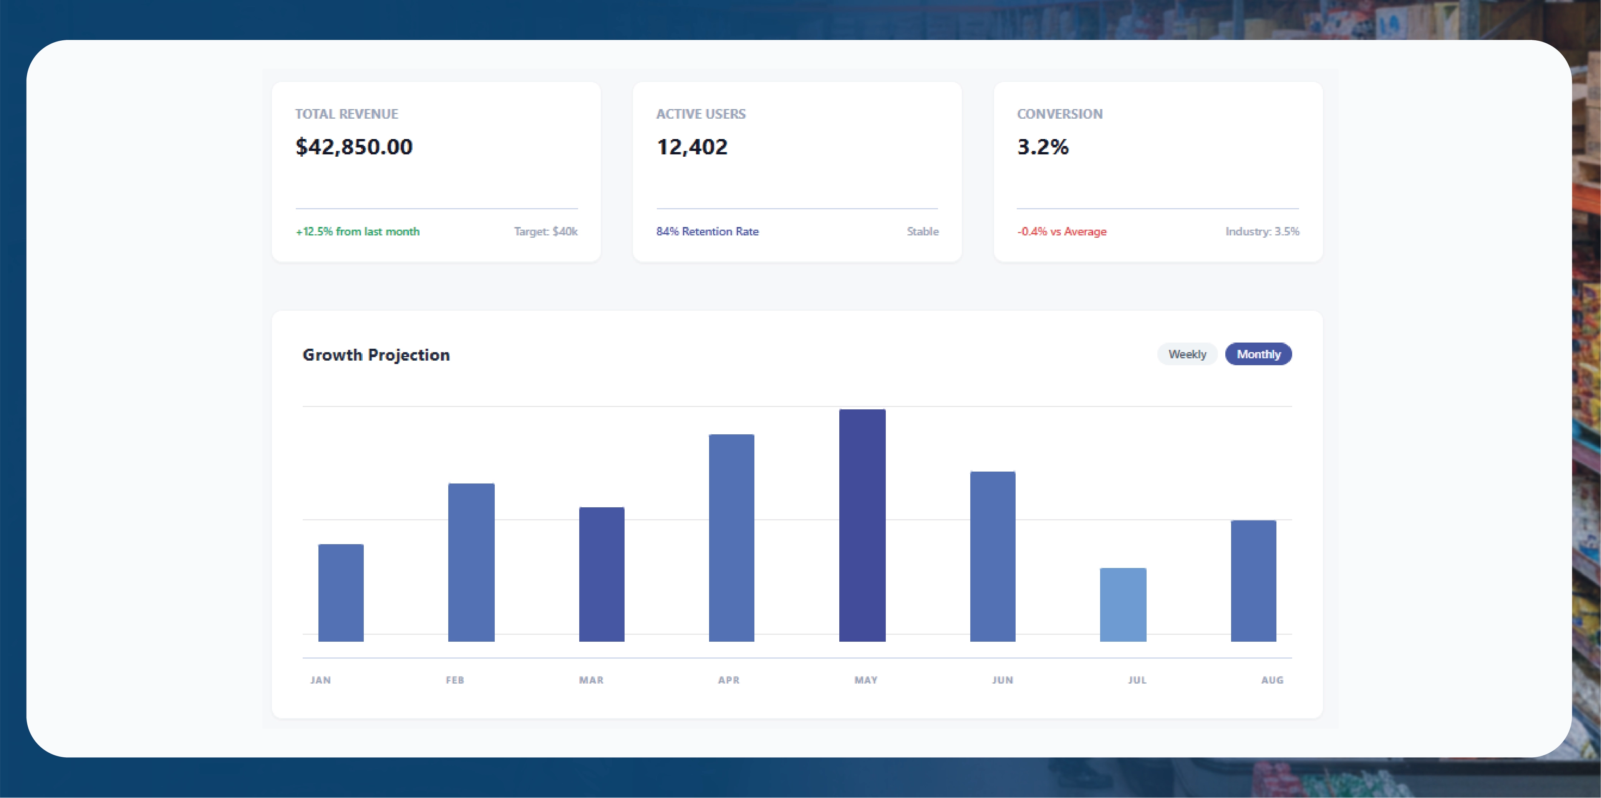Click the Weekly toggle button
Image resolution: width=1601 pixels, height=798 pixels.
pos(1187,354)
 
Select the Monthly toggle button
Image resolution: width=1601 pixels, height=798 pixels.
pos(1258,354)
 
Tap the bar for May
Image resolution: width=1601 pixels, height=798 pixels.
pos(862,525)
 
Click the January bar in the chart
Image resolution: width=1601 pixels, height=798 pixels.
pos(341,592)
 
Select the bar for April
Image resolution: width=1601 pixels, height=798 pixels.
pos(731,538)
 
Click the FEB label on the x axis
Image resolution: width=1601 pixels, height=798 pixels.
pos(455,680)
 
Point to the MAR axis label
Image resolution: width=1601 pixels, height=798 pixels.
pos(591,680)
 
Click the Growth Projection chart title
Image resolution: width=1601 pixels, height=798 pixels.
pos(376,355)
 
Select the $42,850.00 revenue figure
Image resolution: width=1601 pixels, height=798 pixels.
pos(354,147)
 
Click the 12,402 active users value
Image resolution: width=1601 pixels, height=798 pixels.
pos(692,147)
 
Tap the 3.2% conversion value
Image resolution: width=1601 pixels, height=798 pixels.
pos(1042,147)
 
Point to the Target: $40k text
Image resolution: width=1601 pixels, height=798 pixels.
pos(546,231)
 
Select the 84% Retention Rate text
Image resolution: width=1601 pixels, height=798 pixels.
pos(707,231)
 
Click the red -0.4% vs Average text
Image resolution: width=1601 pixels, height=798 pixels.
pos(1062,231)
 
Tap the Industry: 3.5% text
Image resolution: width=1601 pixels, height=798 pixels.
pos(1262,231)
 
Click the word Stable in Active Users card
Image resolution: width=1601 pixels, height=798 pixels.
pos(922,231)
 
